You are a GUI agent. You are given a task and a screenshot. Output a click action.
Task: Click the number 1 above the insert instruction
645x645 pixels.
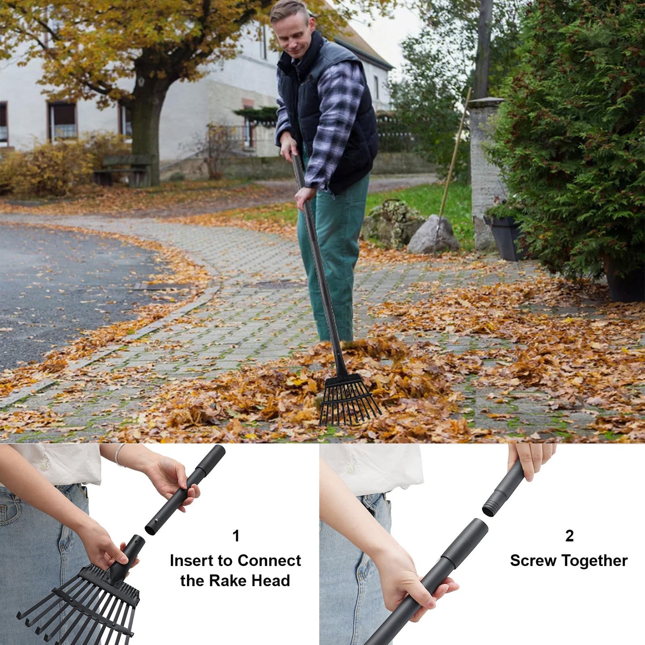coord(236,536)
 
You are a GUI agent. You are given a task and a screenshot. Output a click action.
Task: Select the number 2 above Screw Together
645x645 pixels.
coord(569,536)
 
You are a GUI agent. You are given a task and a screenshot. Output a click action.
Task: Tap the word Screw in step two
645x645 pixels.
coord(533,561)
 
